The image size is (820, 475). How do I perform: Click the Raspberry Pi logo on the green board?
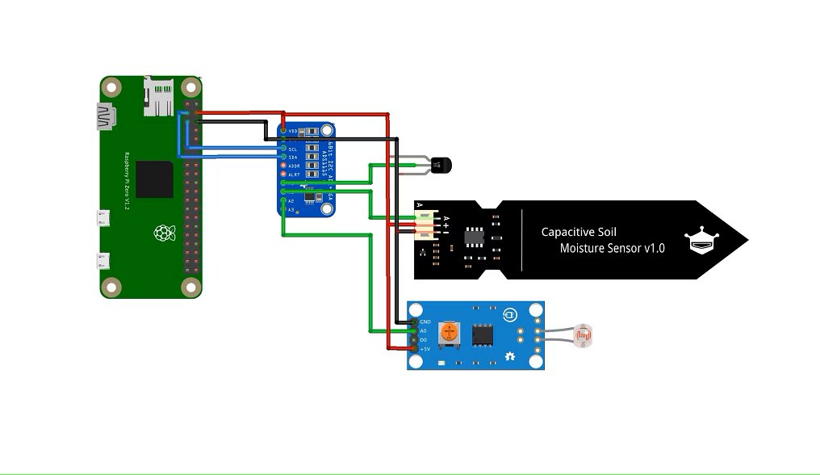165,234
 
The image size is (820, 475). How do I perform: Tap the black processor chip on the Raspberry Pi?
154,179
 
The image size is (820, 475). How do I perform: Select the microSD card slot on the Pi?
158,95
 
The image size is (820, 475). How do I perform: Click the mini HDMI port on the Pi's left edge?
106,117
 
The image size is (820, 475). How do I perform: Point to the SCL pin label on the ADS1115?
293,149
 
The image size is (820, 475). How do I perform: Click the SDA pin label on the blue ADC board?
293,158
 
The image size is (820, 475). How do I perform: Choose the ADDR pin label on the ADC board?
295,166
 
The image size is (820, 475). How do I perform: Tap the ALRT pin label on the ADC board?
295,174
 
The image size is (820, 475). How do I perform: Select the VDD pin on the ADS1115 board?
293,131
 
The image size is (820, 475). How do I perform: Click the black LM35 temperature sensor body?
440,165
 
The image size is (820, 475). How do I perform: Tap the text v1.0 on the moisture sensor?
654,249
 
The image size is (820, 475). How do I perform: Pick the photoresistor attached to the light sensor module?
582,332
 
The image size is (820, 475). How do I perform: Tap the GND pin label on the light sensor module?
425,322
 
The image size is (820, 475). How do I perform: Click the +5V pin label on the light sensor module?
425,349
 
